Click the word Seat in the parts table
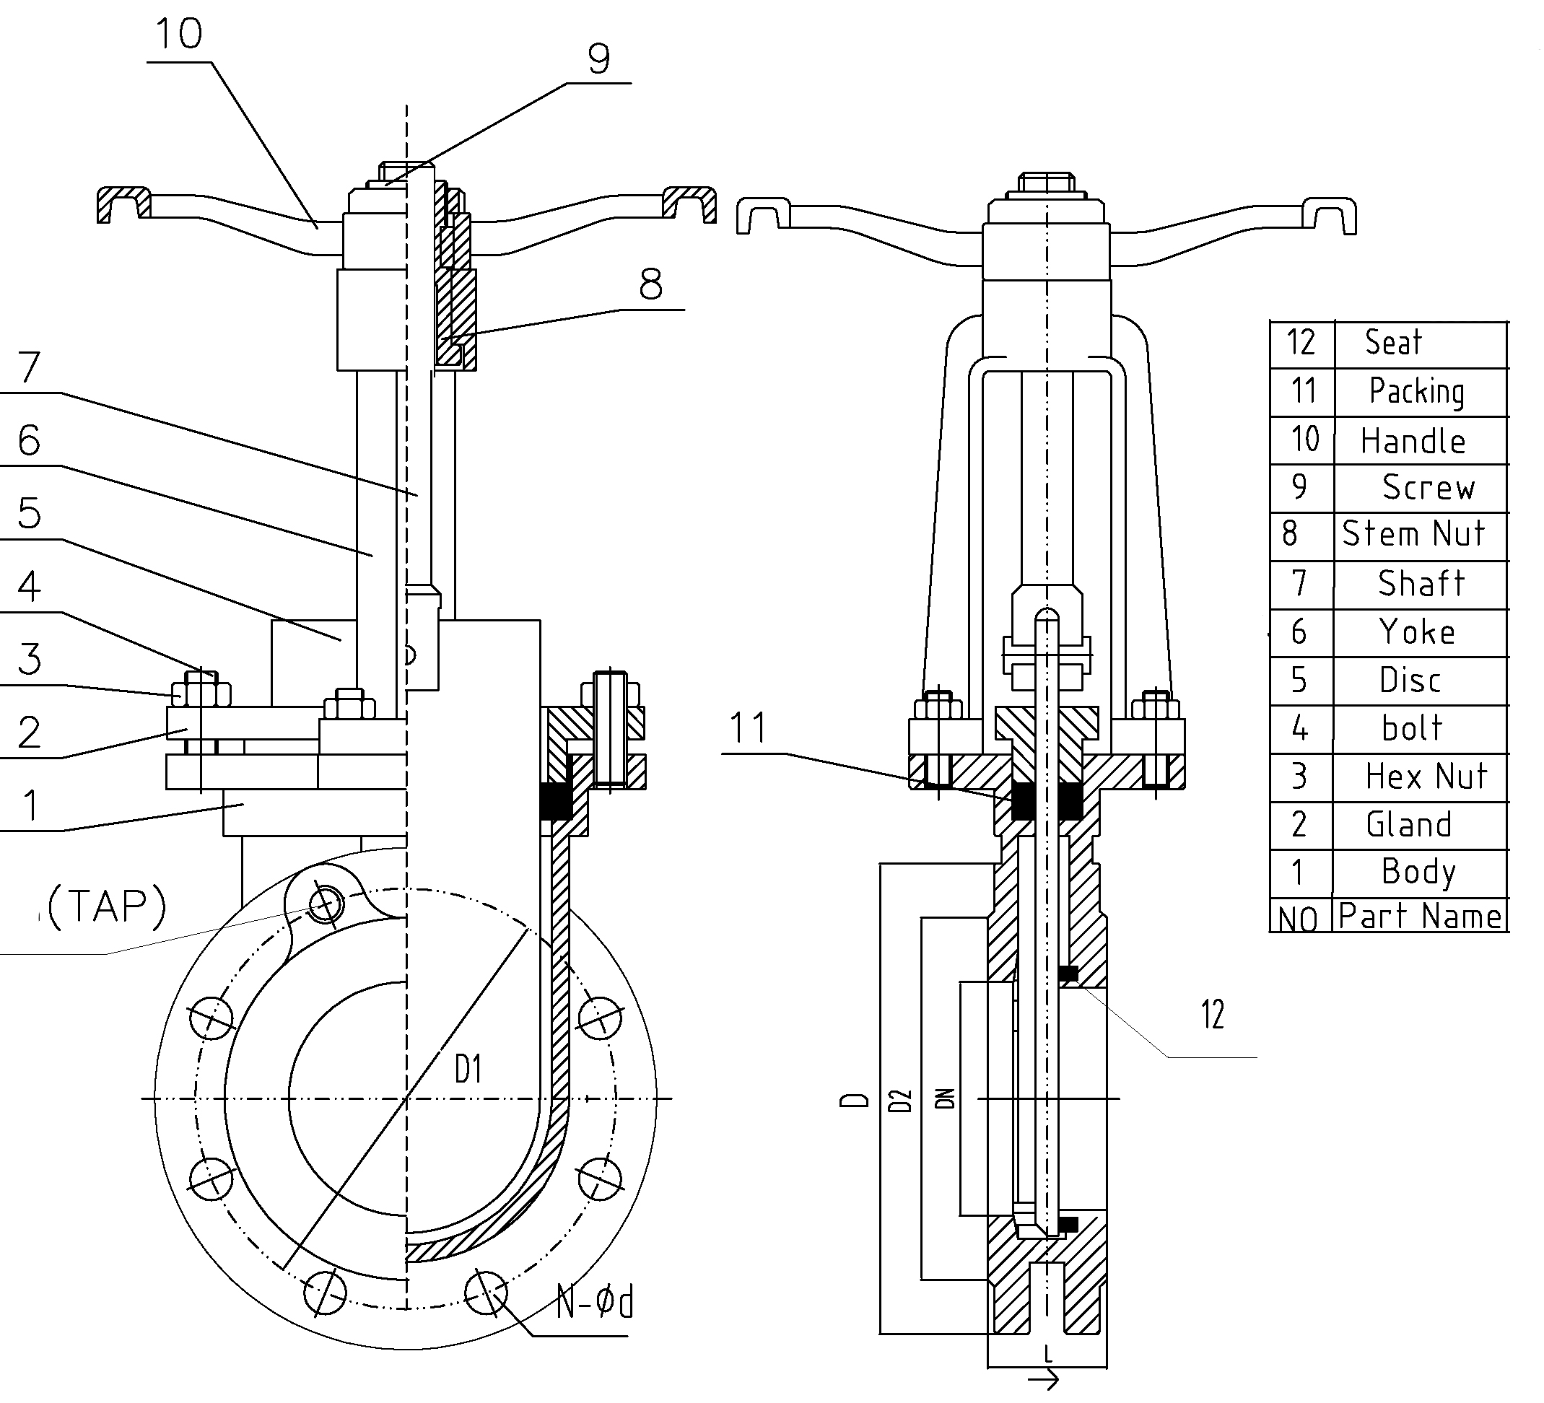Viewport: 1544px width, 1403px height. click(x=1392, y=342)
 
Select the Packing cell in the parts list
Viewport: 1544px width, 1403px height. click(x=1416, y=391)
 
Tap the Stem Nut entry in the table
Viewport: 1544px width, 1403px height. click(x=1413, y=534)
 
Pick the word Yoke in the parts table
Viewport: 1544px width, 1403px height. click(x=1417, y=632)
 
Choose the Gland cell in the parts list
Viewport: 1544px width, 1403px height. click(x=1408, y=825)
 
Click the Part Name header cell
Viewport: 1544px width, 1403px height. click(x=1420, y=917)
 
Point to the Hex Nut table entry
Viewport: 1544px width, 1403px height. click(x=1426, y=777)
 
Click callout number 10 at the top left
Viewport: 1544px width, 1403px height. click(x=178, y=35)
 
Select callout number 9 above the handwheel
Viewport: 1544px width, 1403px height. click(x=599, y=59)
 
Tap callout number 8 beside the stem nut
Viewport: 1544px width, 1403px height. click(x=650, y=285)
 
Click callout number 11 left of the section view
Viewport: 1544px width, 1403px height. click(x=748, y=727)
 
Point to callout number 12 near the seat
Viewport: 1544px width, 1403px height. click(x=1213, y=1015)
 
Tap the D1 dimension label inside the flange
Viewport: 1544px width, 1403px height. click(x=468, y=1069)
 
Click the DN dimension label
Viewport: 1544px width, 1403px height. click(x=946, y=1099)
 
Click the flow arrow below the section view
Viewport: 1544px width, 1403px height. click(x=1044, y=1381)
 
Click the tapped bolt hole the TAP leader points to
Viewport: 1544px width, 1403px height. click(x=326, y=905)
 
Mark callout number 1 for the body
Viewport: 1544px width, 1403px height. click(x=30, y=805)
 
